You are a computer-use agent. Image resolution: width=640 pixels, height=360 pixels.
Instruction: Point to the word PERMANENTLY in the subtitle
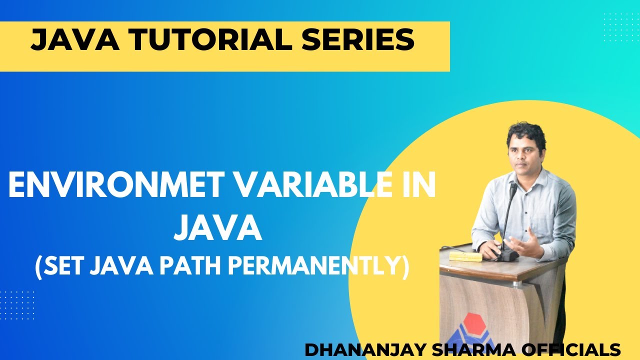coord(317,267)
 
